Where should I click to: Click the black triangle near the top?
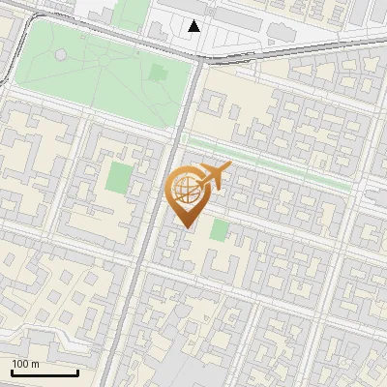[x=194, y=26]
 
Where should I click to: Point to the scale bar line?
[x=45, y=373]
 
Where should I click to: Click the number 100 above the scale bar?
[x=20, y=364]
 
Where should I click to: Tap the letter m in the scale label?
[x=35, y=364]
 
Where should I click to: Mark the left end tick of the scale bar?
[x=12, y=372]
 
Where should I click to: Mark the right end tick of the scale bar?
[x=77, y=372]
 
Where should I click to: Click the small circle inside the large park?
[x=61, y=55]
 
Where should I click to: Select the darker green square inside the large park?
[x=159, y=73]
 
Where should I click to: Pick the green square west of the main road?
[x=118, y=177]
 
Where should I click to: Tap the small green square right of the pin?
[x=221, y=229]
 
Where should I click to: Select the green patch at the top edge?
[x=133, y=12]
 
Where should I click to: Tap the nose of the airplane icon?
[x=230, y=167]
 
